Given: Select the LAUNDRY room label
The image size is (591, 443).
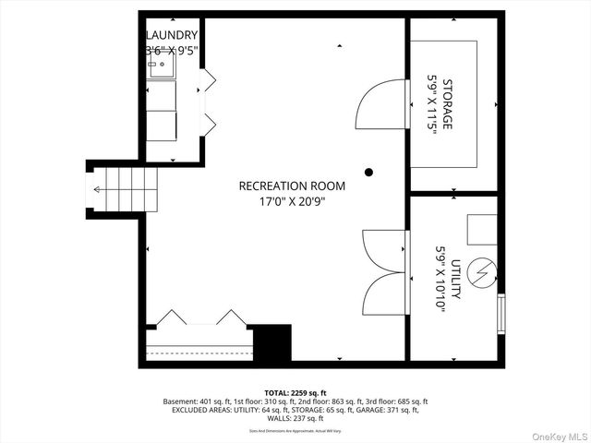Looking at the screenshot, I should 171,36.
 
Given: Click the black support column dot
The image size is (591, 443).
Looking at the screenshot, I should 368,172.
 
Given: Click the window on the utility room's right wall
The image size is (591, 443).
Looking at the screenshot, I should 502,315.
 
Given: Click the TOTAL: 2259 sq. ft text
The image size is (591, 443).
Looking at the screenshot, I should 295,392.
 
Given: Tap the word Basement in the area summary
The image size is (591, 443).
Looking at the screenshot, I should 180,401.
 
